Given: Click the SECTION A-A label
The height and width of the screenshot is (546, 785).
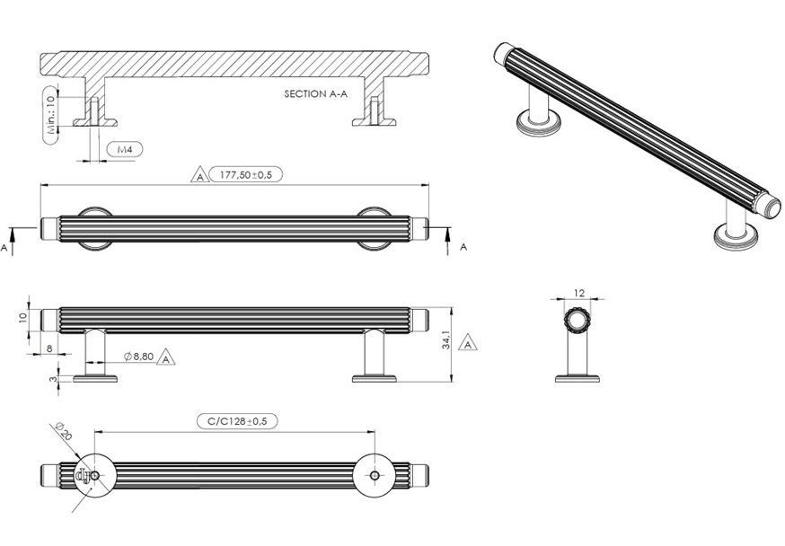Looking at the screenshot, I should click(315, 93).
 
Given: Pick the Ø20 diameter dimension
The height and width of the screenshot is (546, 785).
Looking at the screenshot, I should click(63, 435).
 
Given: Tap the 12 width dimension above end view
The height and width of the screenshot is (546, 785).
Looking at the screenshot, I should click(578, 293).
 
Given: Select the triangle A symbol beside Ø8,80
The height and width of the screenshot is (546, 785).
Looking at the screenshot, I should click(165, 358).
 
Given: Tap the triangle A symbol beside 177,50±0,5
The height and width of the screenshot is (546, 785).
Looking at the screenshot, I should click(199, 175).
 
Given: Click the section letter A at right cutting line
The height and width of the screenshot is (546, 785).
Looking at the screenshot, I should click(463, 245).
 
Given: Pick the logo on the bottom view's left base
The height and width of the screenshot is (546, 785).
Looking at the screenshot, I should click(86, 474).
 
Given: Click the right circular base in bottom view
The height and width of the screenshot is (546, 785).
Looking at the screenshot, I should click(372, 472).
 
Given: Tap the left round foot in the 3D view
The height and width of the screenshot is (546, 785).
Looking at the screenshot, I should click(538, 122).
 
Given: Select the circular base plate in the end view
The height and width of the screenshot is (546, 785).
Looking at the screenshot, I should click(578, 378).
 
